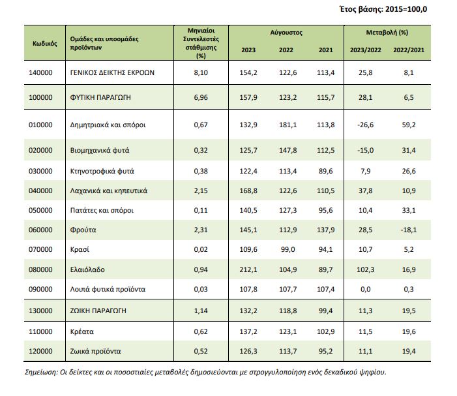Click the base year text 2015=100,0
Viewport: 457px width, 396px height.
tap(406, 9)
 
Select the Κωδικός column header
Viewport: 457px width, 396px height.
tap(44, 44)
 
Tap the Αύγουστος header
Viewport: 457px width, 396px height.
tap(286, 33)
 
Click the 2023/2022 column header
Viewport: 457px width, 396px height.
tap(366, 50)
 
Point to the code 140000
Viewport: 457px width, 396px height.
tap(40, 72)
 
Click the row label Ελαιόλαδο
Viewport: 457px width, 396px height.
tap(87, 269)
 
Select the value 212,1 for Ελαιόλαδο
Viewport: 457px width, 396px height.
tap(248, 269)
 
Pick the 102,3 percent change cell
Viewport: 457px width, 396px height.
tap(366, 269)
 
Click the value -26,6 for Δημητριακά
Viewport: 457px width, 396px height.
tap(366, 125)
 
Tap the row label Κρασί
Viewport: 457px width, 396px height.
tap(80, 250)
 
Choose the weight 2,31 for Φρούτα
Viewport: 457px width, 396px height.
tap(201, 230)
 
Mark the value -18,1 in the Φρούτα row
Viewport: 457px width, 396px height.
tap(409, 230)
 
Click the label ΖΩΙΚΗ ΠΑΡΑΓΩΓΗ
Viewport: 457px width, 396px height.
tap(98, 311)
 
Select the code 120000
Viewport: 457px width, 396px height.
tap(40, 352)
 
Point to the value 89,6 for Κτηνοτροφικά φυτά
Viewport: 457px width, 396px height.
tap(325, 171)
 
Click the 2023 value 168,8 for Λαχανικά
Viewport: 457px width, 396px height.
tap(248, 191)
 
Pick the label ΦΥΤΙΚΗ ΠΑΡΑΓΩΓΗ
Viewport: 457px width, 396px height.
tap(100, 97)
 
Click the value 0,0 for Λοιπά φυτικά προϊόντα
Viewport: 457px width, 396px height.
tap(366, 289)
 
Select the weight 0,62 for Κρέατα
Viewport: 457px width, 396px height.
tap(201, 332)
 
